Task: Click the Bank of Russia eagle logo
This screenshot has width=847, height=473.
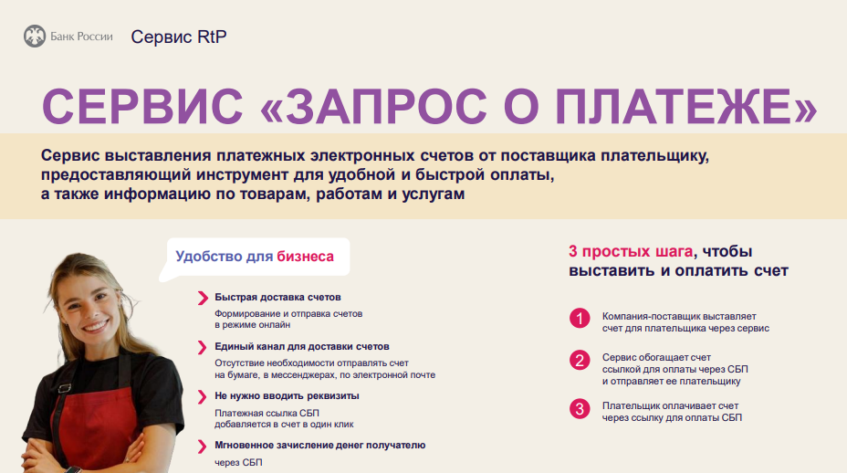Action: tap(35, 37)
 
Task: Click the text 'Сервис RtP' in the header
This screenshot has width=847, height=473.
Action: tap(179, 37)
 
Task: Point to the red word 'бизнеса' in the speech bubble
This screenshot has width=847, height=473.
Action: tap(305, 257)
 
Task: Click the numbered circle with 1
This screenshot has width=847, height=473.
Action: tap(580, 319)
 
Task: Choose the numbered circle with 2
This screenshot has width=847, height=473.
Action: tap(580, 361)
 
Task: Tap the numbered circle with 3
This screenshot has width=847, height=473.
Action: tap(580, 409)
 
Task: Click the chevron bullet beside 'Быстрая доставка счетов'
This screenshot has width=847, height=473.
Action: tap(203, 298)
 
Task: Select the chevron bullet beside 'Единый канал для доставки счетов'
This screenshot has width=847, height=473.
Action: tap(203, 347)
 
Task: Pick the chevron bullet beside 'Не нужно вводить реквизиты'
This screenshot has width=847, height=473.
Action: tap(203, 397)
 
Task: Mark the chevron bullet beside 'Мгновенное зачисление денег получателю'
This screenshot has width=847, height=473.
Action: tap(203, 446)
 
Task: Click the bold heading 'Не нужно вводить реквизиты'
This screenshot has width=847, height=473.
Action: tap(287, 395)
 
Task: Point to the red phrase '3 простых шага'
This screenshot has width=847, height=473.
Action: tap(631, 251)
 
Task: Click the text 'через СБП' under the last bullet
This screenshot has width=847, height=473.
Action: tap(238, 462)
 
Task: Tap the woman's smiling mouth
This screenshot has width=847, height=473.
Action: tap(96, 326)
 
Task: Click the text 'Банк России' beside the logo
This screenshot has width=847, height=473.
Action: tap(81, 37)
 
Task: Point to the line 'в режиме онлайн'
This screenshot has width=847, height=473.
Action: tap(252, 325)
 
